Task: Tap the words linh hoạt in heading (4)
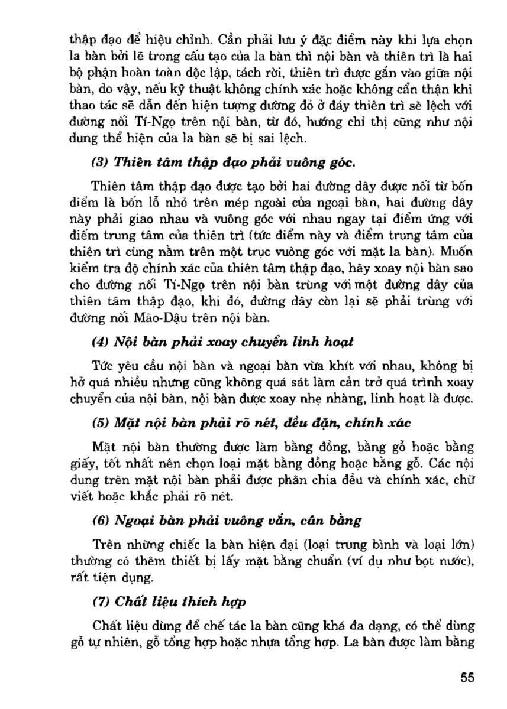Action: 326,341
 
